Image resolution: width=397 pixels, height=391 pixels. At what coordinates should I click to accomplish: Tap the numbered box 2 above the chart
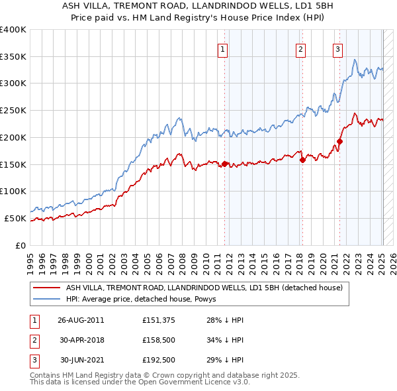point(300,49)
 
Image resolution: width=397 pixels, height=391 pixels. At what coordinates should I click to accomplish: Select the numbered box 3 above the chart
point(337,49)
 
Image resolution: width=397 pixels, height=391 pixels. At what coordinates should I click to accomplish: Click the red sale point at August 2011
point(225,164)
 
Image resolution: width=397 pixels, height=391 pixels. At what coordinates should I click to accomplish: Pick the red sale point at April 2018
point(302,160)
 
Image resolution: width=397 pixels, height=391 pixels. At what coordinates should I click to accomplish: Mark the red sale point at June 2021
point(339,141)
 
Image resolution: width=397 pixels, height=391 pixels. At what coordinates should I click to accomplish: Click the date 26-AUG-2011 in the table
point(81,320)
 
